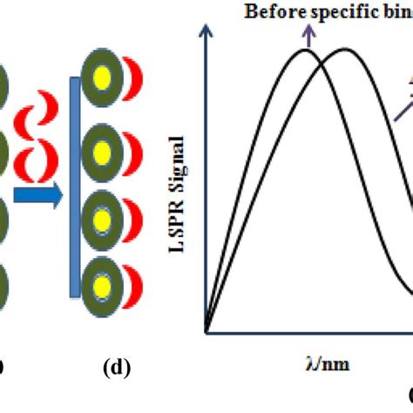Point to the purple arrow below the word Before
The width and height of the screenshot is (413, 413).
click(x=308, y=34)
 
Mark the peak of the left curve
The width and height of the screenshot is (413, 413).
click(x=306, y=50)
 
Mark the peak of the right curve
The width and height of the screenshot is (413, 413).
click(x=346, y=50)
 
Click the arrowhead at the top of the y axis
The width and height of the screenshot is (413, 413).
click(x=206, y=32)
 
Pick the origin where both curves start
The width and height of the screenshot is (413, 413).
click(x=206, y=332)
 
